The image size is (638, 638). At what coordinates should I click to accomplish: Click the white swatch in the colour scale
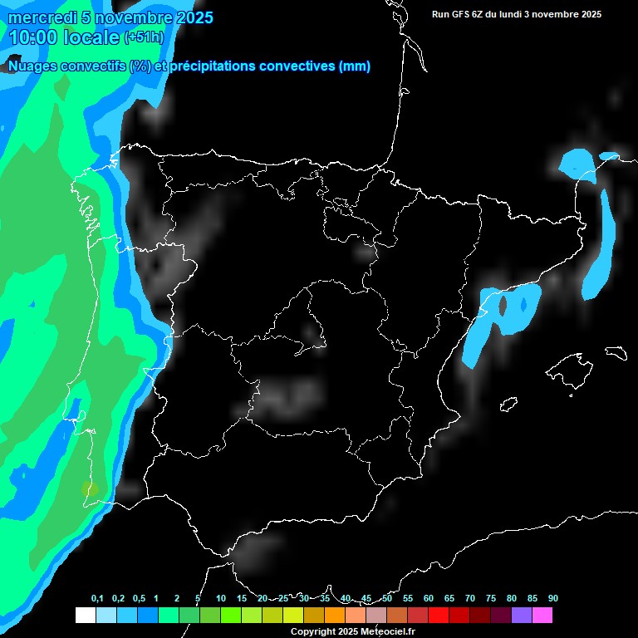[85, 615]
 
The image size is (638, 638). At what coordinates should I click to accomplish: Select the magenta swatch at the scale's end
[542, 615]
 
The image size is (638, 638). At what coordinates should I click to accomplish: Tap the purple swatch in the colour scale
[522, 615]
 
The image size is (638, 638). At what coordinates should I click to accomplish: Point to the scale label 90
[553, 599]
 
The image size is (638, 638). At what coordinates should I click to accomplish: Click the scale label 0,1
[97, 599]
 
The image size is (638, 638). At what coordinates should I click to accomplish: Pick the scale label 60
[429, 599]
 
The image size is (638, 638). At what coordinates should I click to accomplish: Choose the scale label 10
[221, 599]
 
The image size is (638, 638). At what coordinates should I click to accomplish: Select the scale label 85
[532, 599]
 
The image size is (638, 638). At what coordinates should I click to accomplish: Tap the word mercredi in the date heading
[42, 17]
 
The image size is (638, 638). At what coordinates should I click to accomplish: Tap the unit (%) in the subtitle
[140, 66]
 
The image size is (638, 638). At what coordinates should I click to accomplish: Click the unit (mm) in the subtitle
[355, 66]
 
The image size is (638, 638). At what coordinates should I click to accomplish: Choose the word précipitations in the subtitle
[212, 66]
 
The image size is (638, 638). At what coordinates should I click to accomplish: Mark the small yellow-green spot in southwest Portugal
[90, 489]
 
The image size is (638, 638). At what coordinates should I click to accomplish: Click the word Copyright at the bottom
[313, 632]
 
